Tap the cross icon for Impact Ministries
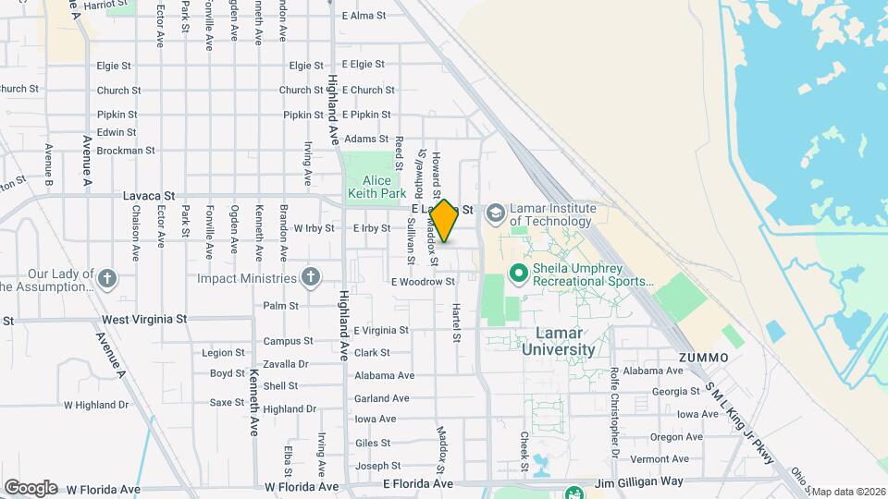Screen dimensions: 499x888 pos(311,277)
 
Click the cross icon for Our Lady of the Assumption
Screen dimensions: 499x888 pos(107,277)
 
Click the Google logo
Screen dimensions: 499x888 pos(31,487)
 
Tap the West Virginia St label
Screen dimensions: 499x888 pos(144,319)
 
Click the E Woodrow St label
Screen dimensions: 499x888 pos(423,282)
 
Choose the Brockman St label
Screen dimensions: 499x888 pos(125,150)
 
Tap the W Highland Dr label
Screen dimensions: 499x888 pos(96,405)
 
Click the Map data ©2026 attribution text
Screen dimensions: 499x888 pos(847,492)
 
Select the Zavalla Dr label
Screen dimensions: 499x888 pos(285,364)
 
